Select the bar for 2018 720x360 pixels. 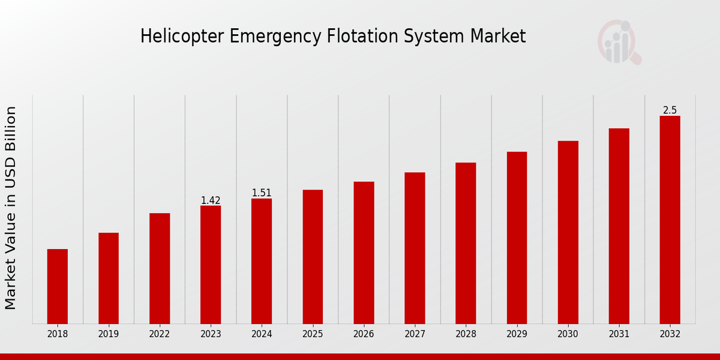(58, 286)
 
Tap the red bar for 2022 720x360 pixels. (160, 268)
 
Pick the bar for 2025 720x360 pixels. (313, 256)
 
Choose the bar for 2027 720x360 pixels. (415, 248)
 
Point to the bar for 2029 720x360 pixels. (517, 238)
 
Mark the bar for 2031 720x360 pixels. (619, 226)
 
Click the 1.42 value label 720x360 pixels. (211, 200)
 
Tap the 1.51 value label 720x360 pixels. (262, 193)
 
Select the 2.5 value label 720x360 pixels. (670, 110)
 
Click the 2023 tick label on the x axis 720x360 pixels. (211, 334)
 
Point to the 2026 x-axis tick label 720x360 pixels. (364, 334)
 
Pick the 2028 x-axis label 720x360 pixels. (466, 334)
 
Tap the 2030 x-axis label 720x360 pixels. (568, 334)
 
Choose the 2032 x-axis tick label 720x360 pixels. (670, 334)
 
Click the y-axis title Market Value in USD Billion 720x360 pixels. (11, 208)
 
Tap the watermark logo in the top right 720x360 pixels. (619, 42)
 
